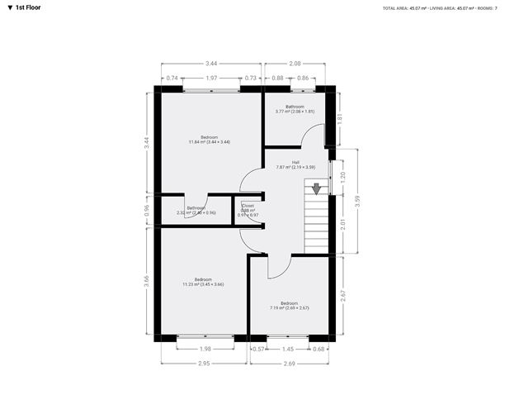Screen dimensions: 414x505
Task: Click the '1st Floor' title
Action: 27,7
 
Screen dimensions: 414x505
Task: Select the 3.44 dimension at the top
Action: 211,64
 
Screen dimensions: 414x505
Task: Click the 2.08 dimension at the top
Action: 295,64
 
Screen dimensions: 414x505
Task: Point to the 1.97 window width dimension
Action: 211,78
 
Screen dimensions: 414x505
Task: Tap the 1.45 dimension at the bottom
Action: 288,349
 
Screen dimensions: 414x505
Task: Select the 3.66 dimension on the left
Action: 148,279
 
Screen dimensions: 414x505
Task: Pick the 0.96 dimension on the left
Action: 148,209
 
